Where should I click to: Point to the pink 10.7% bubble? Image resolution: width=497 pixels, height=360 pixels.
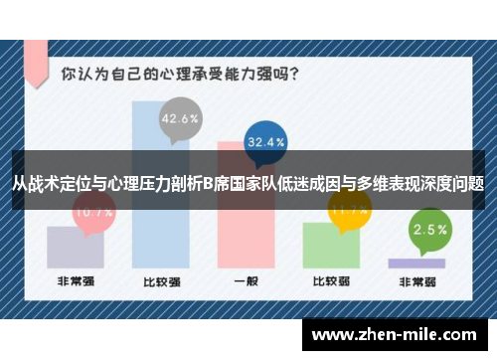point(93,211)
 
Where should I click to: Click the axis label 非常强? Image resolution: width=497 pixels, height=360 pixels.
point(76,282)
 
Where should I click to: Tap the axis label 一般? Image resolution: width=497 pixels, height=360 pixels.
point(246,282)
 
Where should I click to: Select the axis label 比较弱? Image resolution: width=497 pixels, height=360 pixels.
point(331,282)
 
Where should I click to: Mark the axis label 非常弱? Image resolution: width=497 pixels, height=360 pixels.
point(416,282)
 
